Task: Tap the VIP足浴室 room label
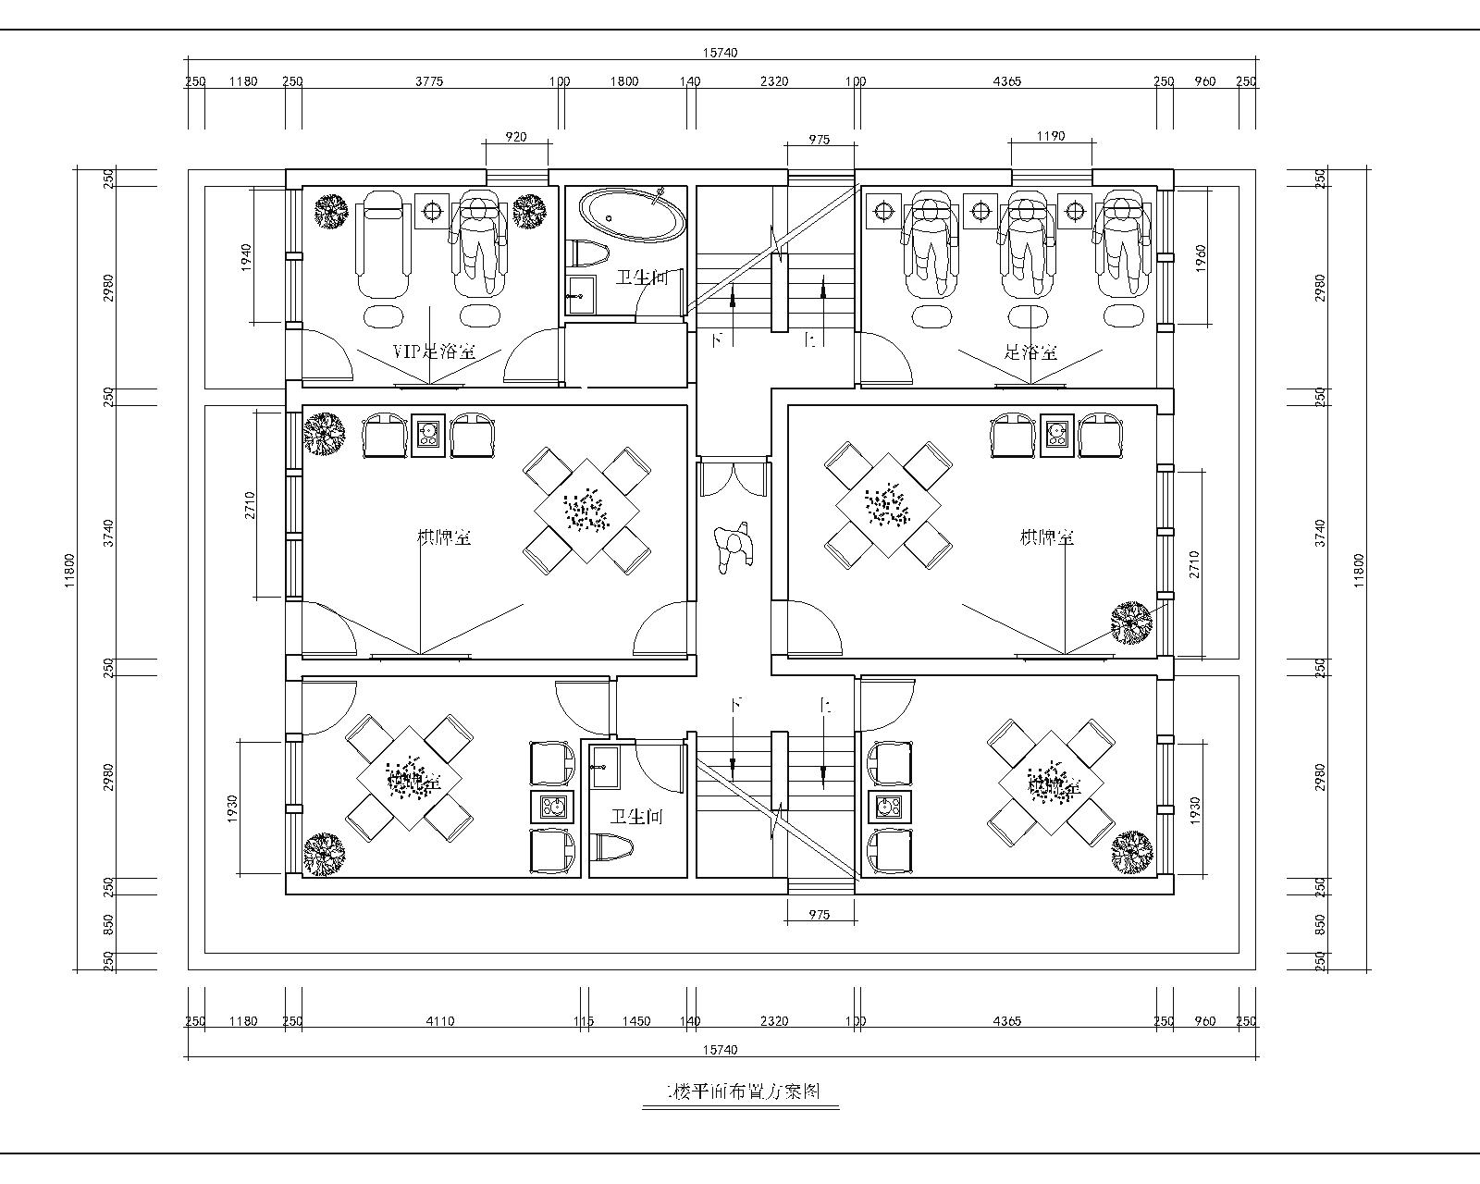[434, 351]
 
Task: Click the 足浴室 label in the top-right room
[1031, 351]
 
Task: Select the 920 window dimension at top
[516, 137]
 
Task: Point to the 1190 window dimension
[1050, 136]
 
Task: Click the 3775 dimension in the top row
[428, 81]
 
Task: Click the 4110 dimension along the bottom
[439, 1021]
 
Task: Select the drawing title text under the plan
[739, 1091]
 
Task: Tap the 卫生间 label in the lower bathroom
[636, 818]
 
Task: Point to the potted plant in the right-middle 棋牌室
[1131, 623]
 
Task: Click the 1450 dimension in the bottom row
[636, 1021]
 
